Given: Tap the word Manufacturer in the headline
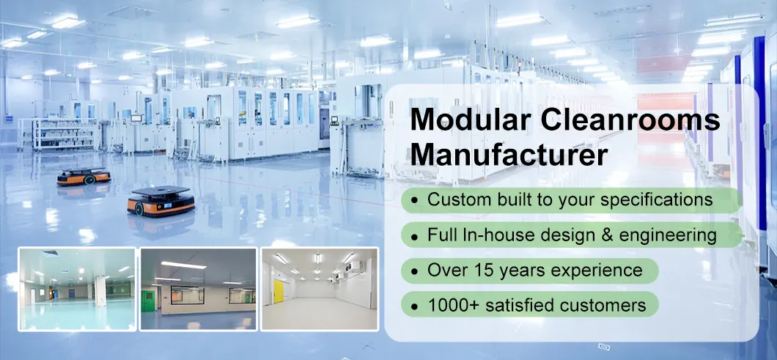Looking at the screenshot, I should pos(509,155).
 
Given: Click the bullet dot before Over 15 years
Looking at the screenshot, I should pos(416,271).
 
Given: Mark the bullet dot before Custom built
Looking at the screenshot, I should pos(416,200).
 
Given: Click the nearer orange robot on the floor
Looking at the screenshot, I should pos(161,201).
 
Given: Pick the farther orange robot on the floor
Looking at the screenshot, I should pos(84,176).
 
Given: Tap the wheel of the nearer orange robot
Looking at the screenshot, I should pos(139,208).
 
